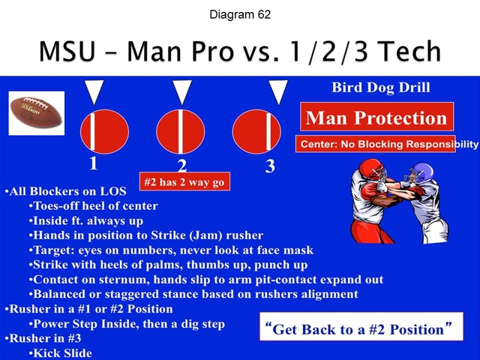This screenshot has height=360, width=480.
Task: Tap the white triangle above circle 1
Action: tap(93, 91)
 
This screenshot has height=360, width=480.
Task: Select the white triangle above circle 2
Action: tap(182, 91)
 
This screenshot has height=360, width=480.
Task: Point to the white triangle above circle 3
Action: tap(278, 91)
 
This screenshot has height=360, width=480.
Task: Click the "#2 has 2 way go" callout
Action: tap(184, 181)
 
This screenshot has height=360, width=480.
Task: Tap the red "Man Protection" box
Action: tap(376, 118)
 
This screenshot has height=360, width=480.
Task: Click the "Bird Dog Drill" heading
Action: tap(381, 88)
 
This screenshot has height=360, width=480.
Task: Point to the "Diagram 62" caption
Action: tap(240, 14)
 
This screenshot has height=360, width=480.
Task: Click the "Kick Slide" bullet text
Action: tap(60, 352)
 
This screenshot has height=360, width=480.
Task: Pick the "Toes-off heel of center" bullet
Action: tap(93, 206)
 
